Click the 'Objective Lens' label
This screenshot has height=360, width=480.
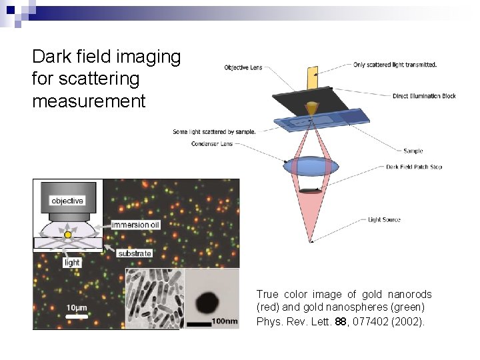coord(243,67)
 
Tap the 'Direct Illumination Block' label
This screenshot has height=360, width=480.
coord(424,96)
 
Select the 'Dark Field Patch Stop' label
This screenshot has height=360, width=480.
coord(414,167)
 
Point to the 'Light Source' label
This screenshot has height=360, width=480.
coord(385,219)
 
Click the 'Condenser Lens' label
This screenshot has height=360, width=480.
coord(211,144)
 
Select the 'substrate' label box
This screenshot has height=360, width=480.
coord(134,253)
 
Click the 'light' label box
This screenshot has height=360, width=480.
coord(72,263)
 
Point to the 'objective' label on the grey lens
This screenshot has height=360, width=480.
coord(67,200)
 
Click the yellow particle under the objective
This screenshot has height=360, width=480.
coord(67,235)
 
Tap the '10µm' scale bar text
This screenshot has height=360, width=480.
coord(77,307)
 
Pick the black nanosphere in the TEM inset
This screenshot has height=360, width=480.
coord(210,300)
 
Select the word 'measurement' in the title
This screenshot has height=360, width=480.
coord(89,101)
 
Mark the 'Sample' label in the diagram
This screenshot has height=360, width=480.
coord(413,151)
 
